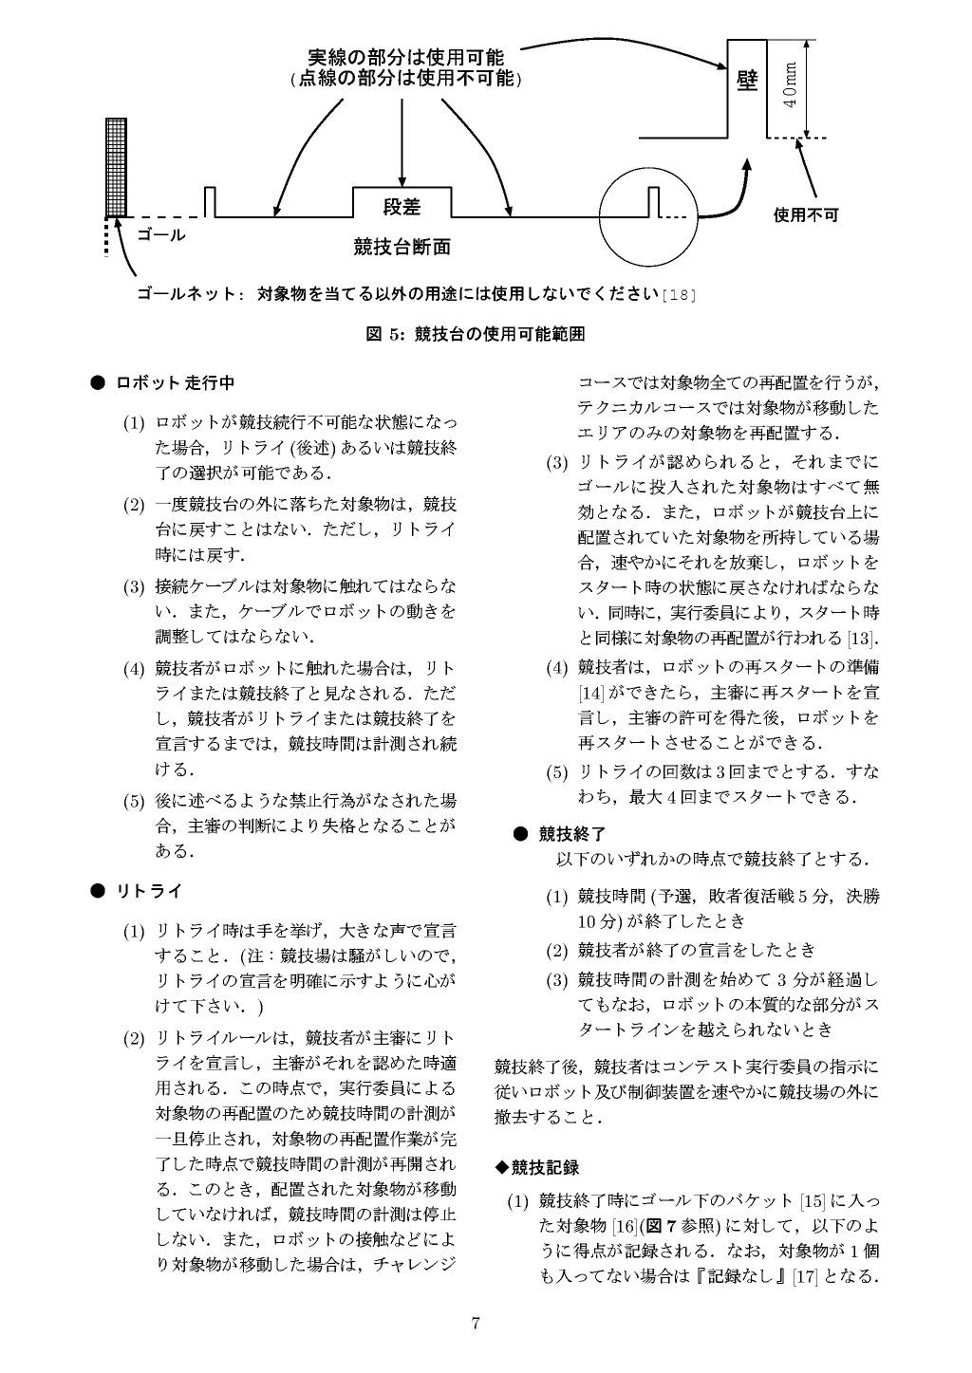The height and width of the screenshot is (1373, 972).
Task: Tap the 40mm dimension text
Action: click(x=791, y=87)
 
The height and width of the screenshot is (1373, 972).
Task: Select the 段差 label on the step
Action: click(x=402, y=206)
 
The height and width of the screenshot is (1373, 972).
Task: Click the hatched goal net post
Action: click(x=116, y=168)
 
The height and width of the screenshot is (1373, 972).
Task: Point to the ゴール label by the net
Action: click(x=160, y=234)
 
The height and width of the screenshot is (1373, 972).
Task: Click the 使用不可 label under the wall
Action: click(x=806, y=214)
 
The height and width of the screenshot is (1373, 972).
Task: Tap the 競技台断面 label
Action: click(x=402, y=248)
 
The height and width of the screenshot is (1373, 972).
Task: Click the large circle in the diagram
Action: click(x=649, y=218)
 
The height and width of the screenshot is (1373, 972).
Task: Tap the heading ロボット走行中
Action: click(x=175, y=383)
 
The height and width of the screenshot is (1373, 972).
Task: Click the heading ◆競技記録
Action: click(x=537, y=1167)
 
